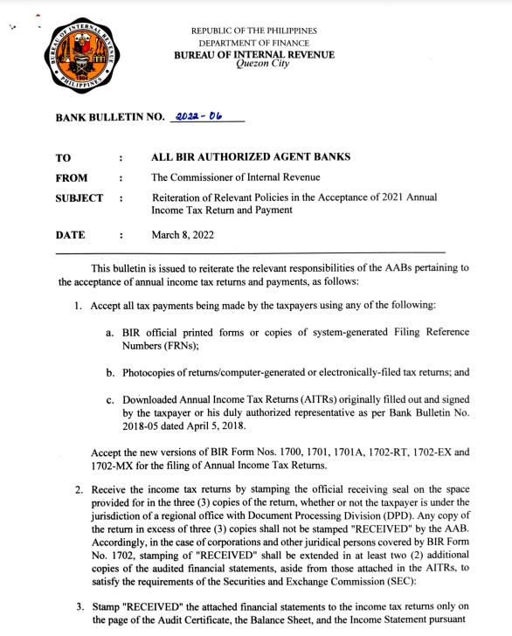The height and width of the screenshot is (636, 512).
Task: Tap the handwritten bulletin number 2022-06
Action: pos(197,115)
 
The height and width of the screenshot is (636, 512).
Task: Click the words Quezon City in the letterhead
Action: pos(253,65)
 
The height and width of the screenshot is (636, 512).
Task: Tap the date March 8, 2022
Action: pos(183,235)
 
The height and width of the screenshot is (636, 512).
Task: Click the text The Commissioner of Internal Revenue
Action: pos(223,178)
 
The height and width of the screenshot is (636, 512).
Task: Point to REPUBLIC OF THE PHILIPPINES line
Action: pos(254,31)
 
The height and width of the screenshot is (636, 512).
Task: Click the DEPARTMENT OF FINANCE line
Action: pos(254,43)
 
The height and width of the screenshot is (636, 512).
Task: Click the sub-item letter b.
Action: pos(110,373)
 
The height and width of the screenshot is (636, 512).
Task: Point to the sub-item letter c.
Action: pos(110,400)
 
